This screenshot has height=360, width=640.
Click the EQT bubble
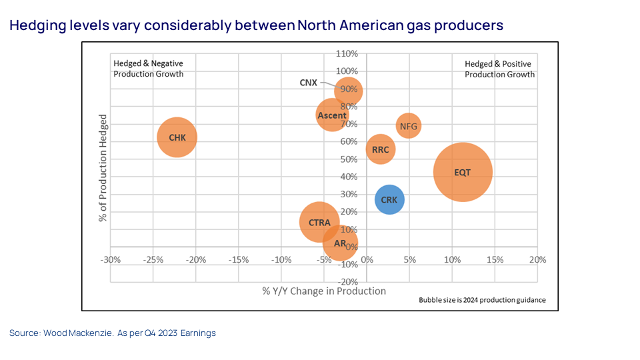tap(462, 172)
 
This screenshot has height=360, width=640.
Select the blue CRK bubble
tap(389, 199)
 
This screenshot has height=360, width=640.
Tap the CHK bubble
tap(177, 137)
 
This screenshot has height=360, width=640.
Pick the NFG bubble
tap(409, 125)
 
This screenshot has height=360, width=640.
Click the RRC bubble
tap(380, 149)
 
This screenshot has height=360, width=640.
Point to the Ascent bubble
tap(331, 115)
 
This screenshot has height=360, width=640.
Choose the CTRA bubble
tap(319, 223)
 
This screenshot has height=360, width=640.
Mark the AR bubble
tap(340, 243)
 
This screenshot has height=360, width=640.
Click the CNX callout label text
tap(308, 83)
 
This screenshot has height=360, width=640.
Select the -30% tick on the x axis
tap(110, 259)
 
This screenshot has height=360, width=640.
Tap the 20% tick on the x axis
tap(537, 259)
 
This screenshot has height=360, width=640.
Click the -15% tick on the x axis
tap(238, 259)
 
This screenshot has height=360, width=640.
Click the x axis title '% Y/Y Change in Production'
tap(324, 291)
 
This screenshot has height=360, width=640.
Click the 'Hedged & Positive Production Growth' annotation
tap(499, 69)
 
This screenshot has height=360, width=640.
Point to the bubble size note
tap(482, 300)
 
